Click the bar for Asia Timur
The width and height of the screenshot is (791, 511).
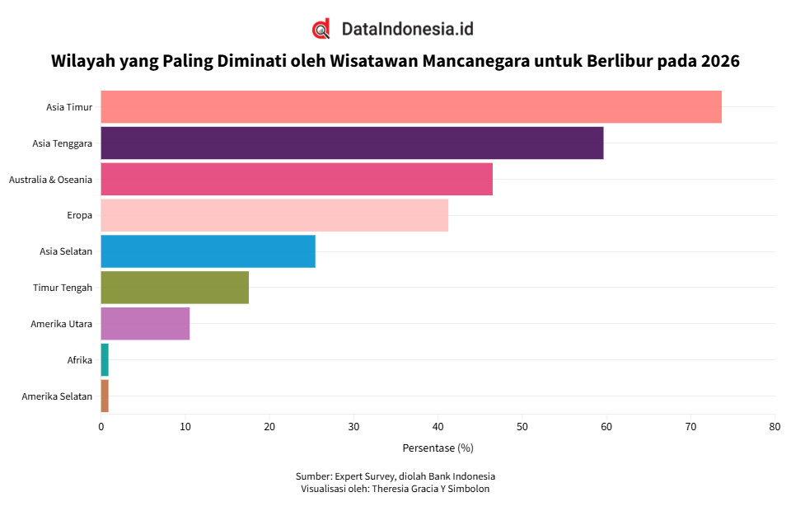coord(410,107)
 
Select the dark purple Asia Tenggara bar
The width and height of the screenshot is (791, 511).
coord(352,143)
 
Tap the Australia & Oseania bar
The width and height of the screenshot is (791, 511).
coord(297,179)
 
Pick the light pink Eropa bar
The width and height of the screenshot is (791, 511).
coord(274,215)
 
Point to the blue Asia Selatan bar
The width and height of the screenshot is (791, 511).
coord(208,251)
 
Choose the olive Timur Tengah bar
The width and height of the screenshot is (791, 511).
coord(175,287)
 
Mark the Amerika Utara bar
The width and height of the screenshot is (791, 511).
coord(145,323)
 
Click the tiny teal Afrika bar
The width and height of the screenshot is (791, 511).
coord(105,359)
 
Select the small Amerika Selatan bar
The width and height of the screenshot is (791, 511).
coord(105,396)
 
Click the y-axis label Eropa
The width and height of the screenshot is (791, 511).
coord(79,215)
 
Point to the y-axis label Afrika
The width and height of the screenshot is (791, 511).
coord(79,360)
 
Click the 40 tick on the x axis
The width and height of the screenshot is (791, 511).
coord(438,427)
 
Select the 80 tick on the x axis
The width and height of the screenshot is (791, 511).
coord(775,427)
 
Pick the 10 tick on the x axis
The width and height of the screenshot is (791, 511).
coord(185,427)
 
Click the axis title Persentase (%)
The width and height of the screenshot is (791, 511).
coord(438,448)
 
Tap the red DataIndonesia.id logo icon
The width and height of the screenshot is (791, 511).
coord(321,29)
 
